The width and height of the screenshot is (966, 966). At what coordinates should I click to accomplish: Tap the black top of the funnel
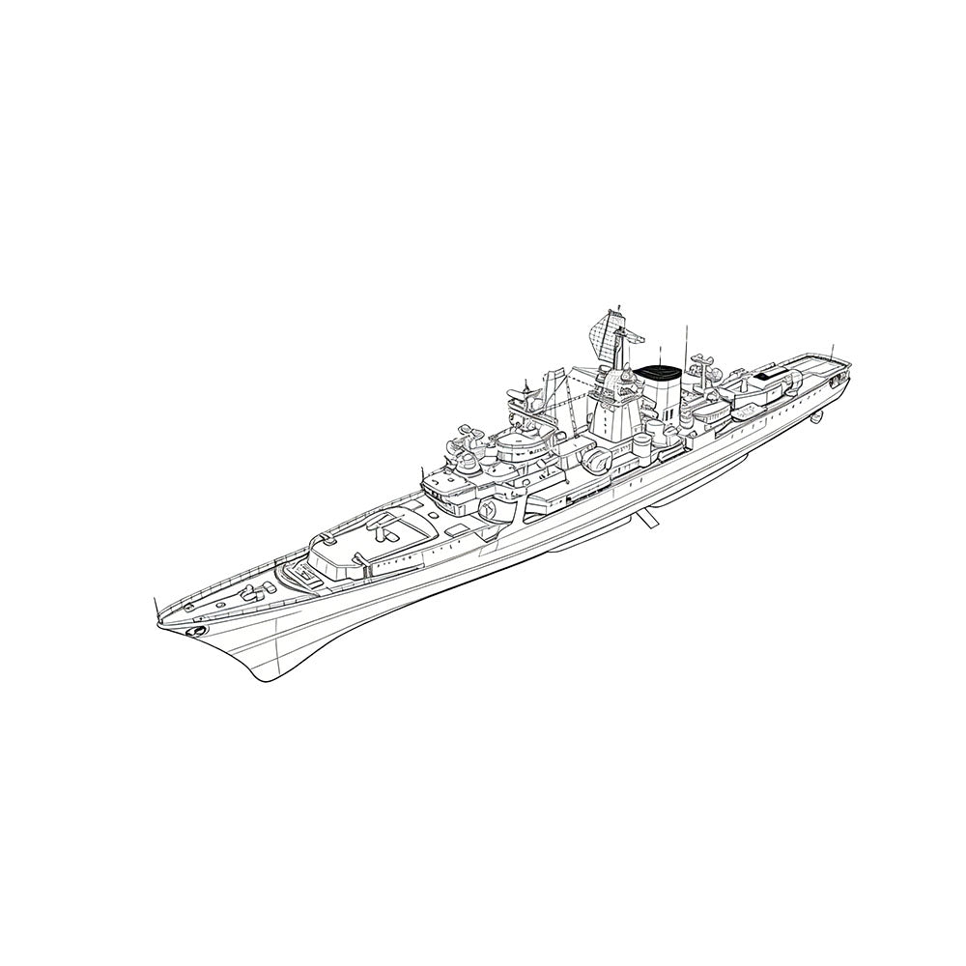[660, 371]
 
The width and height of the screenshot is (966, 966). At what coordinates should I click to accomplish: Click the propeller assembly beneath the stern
[817, 416]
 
